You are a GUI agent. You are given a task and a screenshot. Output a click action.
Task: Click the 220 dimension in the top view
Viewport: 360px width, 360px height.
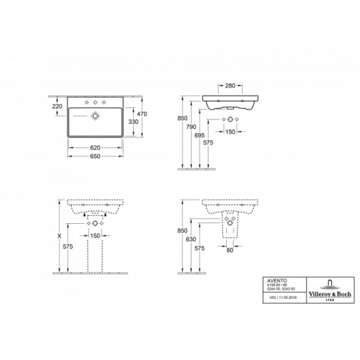tap(58, 106)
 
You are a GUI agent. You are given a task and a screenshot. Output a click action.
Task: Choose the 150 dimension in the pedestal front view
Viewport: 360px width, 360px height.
tap(95, 236)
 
